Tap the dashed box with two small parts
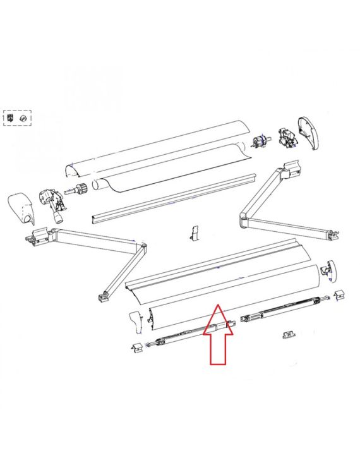pos(17,118)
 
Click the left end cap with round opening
pos(21,209)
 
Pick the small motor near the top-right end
pos(260,142)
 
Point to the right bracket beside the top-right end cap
pos(287,137)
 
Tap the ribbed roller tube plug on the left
pos(77,189)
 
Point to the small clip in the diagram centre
pos(193,233)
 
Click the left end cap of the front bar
pos(136,322)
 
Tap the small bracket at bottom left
pos(138,347)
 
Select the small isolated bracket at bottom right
pos(289,334)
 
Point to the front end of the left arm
pos(104,297)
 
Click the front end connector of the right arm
pos(333,236)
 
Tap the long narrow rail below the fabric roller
pos(174,199)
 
